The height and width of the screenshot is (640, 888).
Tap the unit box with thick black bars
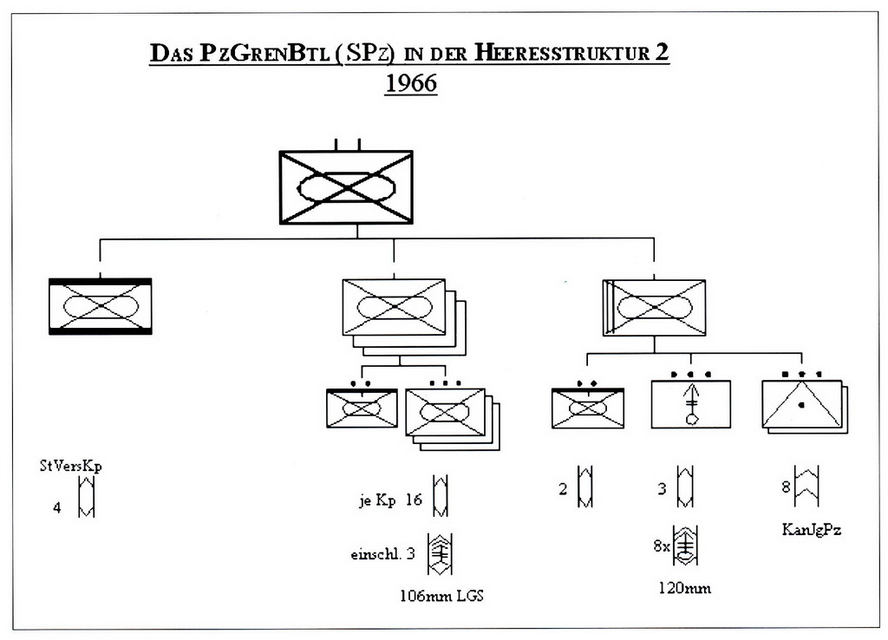point(101,306)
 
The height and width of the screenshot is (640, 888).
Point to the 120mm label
point(685,589)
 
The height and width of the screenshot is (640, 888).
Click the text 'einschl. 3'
point(383,553)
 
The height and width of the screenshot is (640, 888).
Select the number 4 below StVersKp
point(57,508)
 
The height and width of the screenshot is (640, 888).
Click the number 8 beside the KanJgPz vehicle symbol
point(786,487)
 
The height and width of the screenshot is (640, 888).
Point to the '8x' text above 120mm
point(662,546)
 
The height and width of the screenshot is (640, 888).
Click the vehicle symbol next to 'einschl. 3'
point(441,553)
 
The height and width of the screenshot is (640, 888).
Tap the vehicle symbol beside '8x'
point(686,546)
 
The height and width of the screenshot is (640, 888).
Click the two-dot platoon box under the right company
point(587,406)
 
